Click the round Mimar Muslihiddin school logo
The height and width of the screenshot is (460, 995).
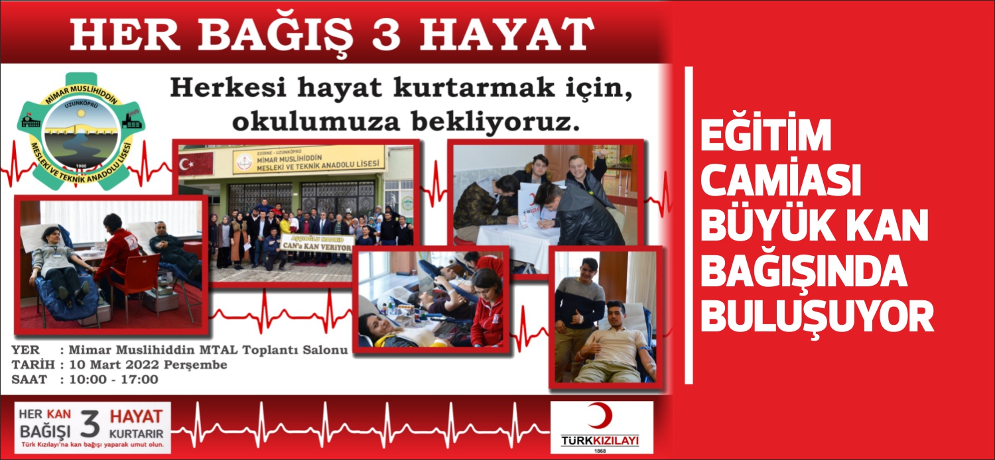coord(80,131)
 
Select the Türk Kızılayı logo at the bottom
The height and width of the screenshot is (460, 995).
coord(600,428)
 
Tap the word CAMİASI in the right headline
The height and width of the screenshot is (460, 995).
coord(780,182)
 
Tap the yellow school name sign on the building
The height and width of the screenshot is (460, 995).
coord(308,159)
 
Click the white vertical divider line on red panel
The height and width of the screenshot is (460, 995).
coord(689,225)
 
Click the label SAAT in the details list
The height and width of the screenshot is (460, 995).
coord(29,380)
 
